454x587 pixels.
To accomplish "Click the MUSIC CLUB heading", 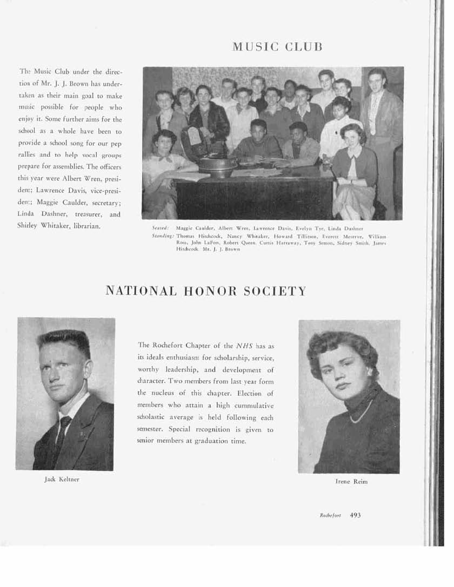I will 277,46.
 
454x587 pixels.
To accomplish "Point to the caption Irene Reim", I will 351,481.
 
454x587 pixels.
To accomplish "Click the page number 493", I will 355,515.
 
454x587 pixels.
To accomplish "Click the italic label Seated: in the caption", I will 162,228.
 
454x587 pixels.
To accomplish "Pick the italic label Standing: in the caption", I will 163,236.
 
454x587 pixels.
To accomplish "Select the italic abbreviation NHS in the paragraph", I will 244,345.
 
